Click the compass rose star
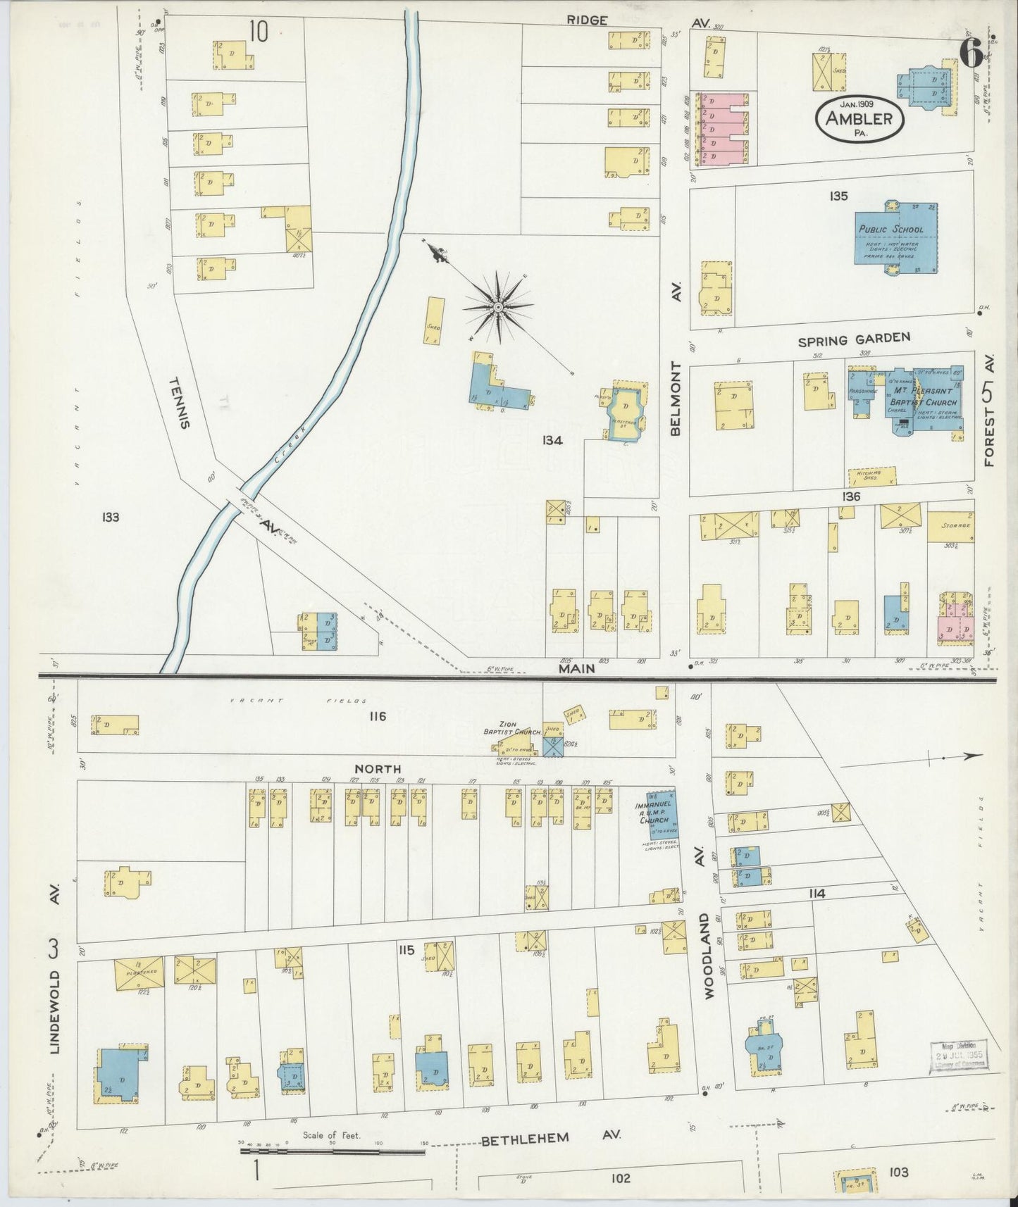(498, 306)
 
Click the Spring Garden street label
(854, 340)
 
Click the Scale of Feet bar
(331, 1152)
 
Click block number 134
(552, 441)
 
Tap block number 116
(378, 716)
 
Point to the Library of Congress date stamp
(959, 1056)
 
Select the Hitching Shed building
(872, 477)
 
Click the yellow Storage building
(950, 526)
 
